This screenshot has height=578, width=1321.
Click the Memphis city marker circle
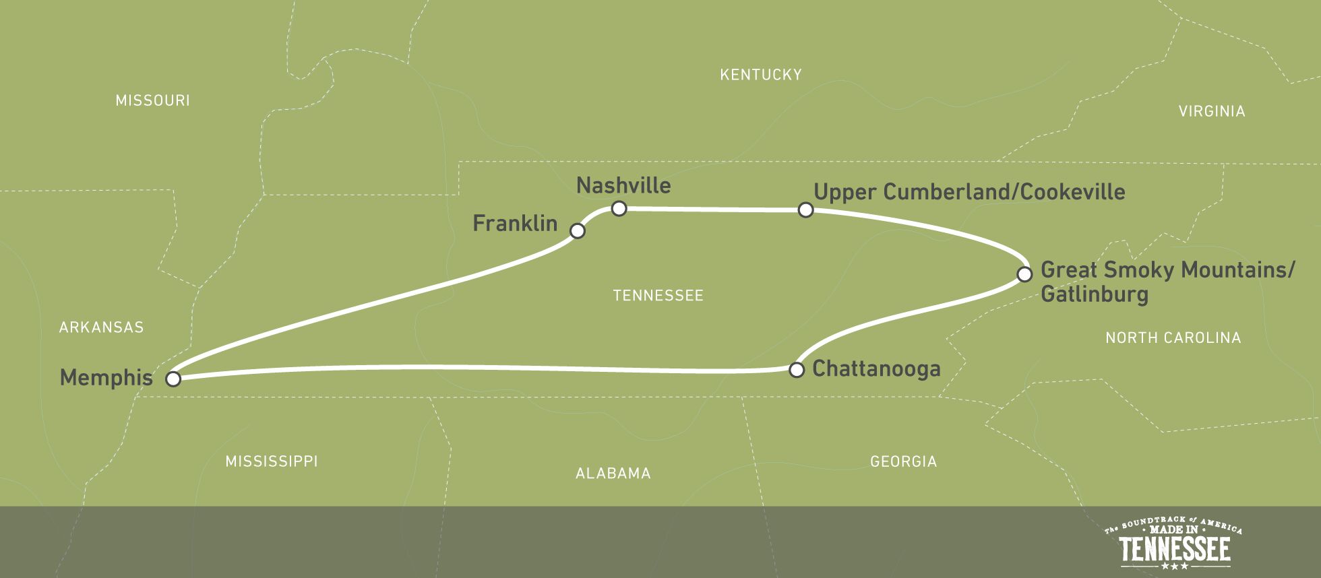(173, 379)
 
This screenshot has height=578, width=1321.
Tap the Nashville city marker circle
(619, 208)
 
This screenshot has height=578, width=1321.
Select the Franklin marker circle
(577, 231)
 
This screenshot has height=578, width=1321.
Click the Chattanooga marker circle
(797, 370)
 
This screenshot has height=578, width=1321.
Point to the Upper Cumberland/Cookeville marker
(805, 210)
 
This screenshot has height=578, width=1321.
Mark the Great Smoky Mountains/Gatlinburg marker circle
(1024, 274)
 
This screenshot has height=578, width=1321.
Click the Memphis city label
(106, 378)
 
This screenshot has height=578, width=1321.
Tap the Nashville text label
(623, 185)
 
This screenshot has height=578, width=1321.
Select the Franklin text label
(515, 223)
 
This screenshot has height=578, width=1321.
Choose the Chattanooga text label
(876, 368)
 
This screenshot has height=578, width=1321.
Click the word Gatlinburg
(1094, 294)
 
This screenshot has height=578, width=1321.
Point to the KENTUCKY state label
(760, 75)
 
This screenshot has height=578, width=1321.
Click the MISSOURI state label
(152, 100)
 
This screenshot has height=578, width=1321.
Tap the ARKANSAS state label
(101, 327)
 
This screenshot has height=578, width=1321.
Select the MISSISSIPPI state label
(271, 461)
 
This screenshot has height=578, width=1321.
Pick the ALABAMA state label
(613, 474)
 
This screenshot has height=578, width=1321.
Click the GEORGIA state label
(903, 461)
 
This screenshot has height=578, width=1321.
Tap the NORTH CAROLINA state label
(1173, 338)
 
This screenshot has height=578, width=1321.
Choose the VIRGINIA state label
(1211, 111)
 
